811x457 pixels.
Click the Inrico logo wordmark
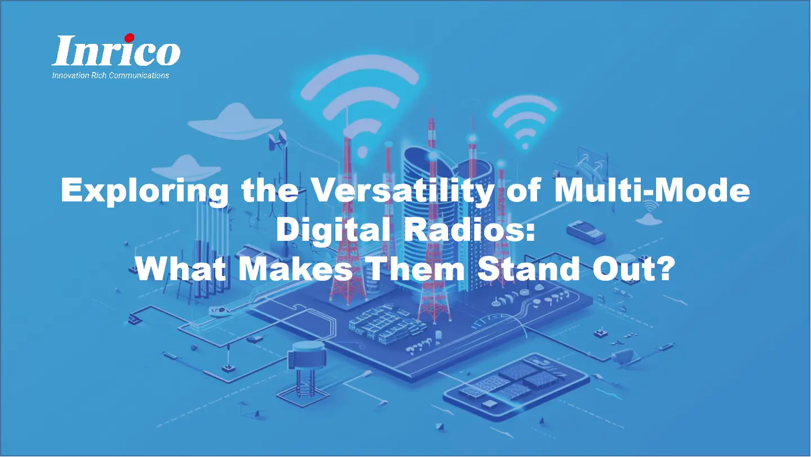pyautogui.click(x=116, y=52)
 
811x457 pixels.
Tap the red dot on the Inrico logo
pyautogui.click(x=129, y=38)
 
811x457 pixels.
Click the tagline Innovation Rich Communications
pyautogui.click(x=110, y=75)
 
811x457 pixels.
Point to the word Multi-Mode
pyautogui.click(x=653, y=192)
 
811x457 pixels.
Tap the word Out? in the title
pyautogui.click(x=635, y=270)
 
